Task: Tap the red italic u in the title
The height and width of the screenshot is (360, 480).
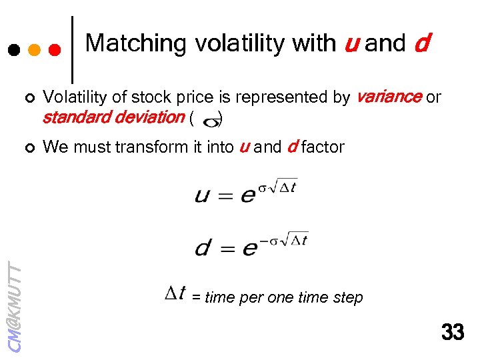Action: [351, 44]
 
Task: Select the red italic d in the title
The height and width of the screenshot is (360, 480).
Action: [421, 44]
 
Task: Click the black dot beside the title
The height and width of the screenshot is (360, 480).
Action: [13, 50]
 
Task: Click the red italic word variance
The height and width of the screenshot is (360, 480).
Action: [388, 97]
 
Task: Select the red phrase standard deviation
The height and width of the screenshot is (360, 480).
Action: [113, 118]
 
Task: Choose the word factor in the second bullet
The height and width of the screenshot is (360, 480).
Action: [322, 147]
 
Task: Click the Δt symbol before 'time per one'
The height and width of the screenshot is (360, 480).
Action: [177, 293]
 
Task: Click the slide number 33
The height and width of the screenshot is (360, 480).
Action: [453, 331]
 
